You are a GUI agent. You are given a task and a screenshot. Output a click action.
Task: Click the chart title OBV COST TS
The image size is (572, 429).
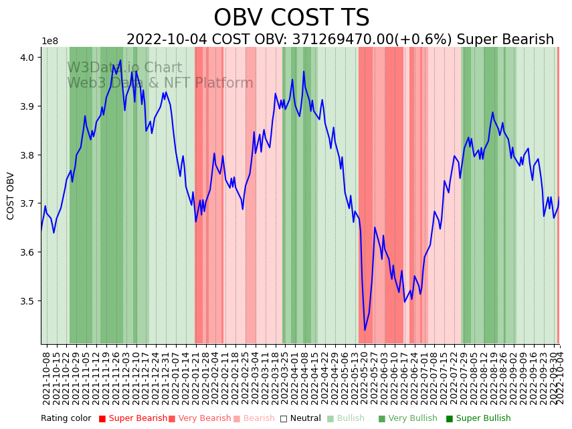coord(291,18)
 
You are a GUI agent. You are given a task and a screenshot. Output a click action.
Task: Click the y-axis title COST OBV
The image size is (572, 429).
coord(11,195)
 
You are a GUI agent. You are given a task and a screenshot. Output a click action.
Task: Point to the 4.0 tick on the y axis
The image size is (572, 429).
coord(29,58)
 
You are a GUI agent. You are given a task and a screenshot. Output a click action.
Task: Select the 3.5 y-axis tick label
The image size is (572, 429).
coord(29,301)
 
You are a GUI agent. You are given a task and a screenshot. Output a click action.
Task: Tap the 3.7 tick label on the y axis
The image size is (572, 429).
coord(29,203)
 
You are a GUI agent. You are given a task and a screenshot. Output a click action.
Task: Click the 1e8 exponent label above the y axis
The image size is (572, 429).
coord(50,41)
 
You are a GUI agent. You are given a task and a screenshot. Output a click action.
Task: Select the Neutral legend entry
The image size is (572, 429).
coord(301,418)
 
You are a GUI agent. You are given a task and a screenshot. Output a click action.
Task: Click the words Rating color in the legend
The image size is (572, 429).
coord(66,418)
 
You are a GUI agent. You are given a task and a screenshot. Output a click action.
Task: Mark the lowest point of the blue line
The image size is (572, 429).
coord(365,330)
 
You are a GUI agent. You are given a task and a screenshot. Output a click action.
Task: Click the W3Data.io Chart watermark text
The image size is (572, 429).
coord(124,68)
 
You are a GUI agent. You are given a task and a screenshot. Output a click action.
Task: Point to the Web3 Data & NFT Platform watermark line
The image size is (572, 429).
coord(160,84)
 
